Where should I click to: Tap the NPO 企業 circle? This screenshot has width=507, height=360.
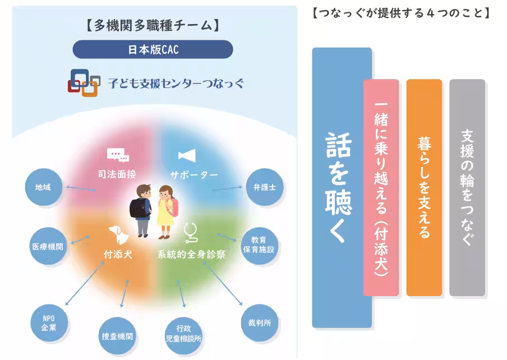(49, 322)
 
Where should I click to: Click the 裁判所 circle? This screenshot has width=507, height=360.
(259, 322)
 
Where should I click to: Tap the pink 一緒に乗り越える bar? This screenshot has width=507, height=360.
(381, 188)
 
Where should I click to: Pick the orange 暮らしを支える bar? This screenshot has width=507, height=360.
(424, 188)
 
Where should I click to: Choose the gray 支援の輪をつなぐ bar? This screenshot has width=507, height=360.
(467, 188)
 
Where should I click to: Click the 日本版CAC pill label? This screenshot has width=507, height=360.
(153, 49)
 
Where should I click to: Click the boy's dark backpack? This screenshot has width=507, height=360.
(137, 207)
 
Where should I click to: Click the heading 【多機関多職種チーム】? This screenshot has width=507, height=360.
(153, 25)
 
